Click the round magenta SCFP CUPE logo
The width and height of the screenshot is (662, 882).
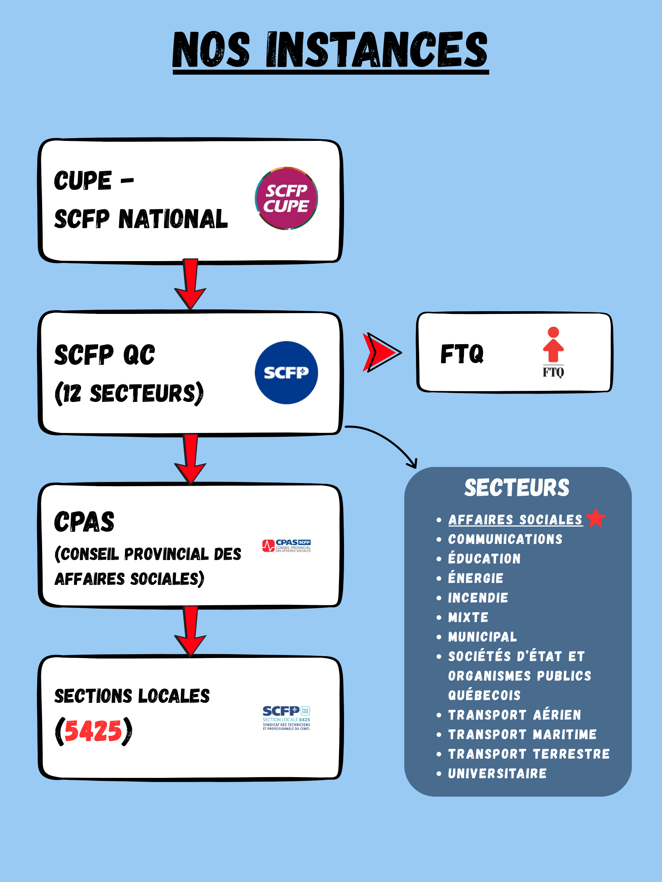286,198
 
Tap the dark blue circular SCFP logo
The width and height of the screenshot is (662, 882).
286,372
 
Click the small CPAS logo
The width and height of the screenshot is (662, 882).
287,546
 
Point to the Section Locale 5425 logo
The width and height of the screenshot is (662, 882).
286,718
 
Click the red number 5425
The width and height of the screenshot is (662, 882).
93,731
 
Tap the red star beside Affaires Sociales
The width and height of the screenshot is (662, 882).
596,518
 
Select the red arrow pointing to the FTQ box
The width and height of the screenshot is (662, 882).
381,353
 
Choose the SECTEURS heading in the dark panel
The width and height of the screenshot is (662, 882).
517,488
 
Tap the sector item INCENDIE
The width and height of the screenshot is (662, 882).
478,598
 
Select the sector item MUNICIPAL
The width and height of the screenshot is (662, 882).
482,637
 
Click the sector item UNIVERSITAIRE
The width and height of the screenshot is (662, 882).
497,774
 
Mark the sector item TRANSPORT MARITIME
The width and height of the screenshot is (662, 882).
522,735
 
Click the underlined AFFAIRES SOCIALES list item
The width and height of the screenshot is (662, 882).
515,519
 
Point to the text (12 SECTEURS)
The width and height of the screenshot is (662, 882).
129,393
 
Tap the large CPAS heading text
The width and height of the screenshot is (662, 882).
84,522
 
